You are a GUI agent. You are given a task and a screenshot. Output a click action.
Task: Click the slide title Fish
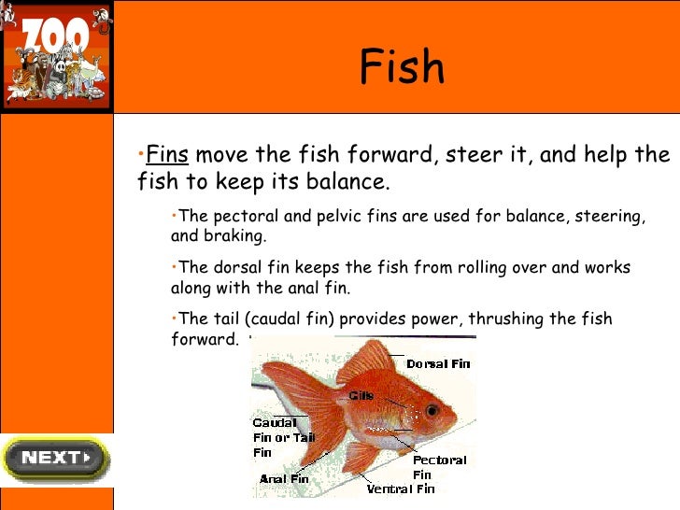coord(402,68)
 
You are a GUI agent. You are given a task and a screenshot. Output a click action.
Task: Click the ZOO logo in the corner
coord(56,57)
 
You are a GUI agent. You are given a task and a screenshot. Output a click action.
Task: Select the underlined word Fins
coord(168,154)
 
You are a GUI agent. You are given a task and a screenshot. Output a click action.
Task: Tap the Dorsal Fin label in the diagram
coord(438,363)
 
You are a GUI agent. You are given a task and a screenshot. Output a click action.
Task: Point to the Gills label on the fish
coord(361,395)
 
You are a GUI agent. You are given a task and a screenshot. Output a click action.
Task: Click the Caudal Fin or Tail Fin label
coord(284,437)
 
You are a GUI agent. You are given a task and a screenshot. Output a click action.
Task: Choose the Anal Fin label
coord(284,479)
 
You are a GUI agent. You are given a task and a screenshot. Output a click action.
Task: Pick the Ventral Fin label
coord(401,489)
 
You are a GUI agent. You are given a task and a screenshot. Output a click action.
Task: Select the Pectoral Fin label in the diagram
coord(439,467)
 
